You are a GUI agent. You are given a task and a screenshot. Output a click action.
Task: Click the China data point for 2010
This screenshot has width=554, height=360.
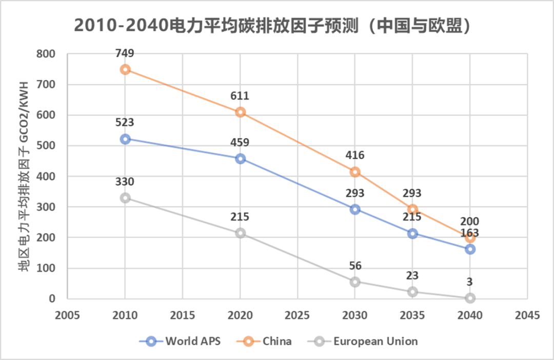125,69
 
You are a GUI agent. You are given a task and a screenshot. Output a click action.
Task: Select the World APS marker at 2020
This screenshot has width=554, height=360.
240,158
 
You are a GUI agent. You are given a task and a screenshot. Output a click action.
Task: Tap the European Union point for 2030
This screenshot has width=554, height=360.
355,282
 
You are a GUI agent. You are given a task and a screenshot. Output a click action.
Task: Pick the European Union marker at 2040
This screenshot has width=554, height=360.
470,298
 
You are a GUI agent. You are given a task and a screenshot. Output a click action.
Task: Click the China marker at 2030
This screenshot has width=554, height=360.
355,172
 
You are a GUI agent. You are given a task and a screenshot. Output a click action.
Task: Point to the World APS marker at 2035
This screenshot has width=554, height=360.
412,233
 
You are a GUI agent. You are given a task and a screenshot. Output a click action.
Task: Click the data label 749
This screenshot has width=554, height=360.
125,53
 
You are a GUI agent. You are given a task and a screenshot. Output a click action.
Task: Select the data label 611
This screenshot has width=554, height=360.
240,96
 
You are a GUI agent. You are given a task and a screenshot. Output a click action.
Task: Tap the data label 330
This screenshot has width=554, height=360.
125,182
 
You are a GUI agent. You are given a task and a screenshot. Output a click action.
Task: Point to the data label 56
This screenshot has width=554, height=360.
355,266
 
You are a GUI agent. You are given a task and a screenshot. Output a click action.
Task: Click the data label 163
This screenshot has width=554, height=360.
470,233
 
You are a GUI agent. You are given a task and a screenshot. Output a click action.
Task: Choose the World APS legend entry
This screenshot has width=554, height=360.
179,341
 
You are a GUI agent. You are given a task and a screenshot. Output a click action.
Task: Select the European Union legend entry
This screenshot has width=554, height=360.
366,341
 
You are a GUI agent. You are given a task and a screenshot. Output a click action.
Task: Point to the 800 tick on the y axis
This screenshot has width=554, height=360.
46,54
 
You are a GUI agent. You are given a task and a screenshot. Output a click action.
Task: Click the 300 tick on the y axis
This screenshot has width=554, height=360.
46,207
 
